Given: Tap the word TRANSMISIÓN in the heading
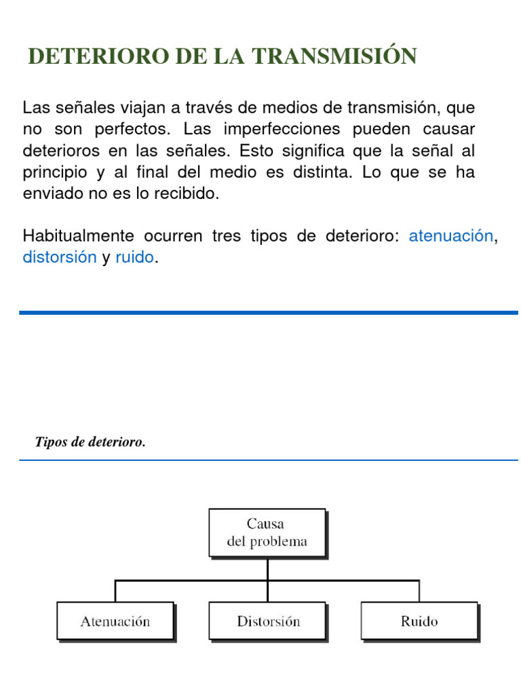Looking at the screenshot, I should click(335, 56).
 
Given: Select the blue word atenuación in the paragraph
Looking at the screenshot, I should click(450, 236).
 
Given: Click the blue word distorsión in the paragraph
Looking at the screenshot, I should click(60, 258).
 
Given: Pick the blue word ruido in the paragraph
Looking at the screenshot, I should click(134, 258).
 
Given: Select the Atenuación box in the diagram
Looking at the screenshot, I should click(115, 620).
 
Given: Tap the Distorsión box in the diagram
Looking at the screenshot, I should click(268, 620).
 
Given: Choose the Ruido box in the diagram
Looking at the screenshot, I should click(419, 620).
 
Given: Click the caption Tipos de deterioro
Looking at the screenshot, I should click(90, 443).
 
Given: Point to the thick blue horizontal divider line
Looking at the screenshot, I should click(269, 313).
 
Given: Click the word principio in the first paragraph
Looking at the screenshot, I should click(54, 172).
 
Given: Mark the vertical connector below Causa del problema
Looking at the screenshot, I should click(267, 569).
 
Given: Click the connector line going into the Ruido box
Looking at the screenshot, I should click(419, 590).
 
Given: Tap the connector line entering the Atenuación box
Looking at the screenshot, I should click(115, 590).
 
